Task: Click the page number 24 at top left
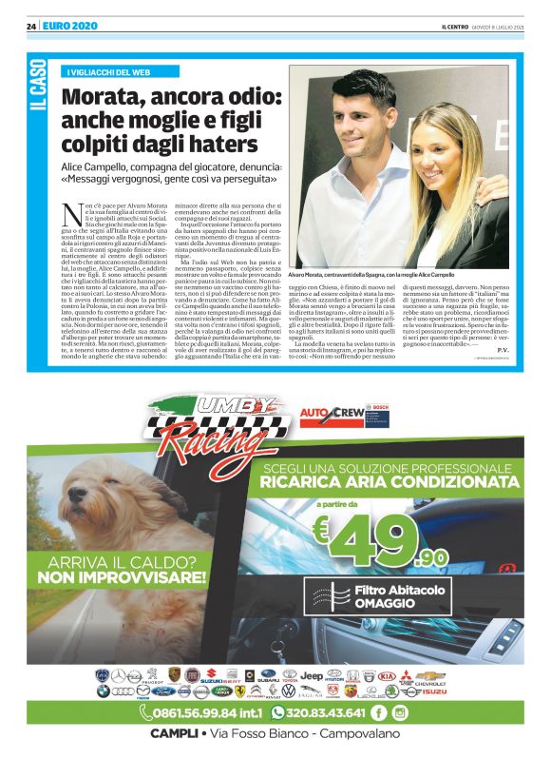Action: click(31, 25)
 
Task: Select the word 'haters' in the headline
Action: click(224, 144)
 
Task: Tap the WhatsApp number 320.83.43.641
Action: click(323, 712)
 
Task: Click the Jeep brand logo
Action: click(312, 675)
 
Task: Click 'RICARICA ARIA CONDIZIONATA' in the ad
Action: click(384, 481)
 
